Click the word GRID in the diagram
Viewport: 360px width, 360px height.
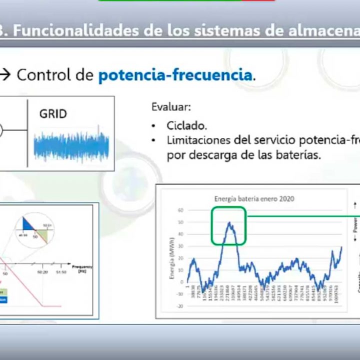53,114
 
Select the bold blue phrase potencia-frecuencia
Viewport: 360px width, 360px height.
175,75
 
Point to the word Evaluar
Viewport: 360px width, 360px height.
170,107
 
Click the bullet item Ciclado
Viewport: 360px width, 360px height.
186,125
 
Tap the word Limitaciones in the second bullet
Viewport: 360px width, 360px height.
198,140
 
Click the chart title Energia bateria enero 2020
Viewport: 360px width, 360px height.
254,198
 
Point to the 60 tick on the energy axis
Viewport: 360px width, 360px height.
180,210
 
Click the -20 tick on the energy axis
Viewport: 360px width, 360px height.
179,306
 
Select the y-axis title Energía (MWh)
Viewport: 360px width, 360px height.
171,257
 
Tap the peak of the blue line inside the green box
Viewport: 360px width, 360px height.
229,223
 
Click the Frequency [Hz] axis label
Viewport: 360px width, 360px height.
82,268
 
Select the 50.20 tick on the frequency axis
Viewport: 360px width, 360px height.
42,272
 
